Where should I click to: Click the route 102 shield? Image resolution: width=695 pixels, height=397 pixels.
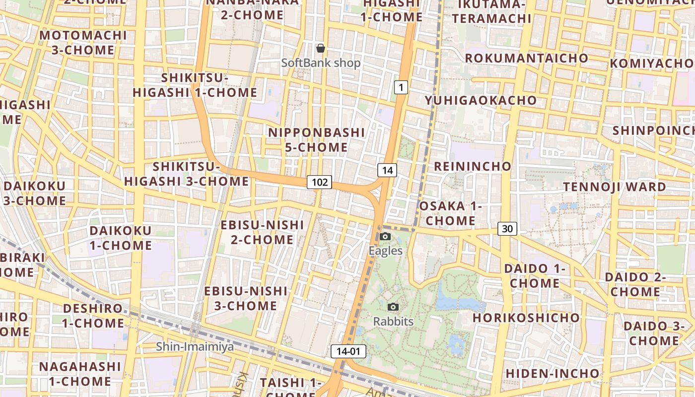tap(319, 182)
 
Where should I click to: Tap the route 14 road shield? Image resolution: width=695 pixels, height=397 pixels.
tap(387, 170)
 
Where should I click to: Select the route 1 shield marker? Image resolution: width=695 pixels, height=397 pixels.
tap(401, 88)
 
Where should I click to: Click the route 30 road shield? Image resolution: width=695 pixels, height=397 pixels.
tap(507, 229)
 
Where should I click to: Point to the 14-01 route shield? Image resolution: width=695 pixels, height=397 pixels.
tap(348, 351)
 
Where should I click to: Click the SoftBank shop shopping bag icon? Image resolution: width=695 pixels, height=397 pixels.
tap(321, 48)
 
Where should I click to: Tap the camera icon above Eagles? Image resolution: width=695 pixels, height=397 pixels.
tap(385, 237)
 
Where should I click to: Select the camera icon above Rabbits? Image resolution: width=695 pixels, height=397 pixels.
tap(393, 307)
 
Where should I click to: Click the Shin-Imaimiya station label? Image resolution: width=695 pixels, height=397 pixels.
tap(195, 346)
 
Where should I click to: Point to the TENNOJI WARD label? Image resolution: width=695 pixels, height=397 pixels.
tap(614, 187)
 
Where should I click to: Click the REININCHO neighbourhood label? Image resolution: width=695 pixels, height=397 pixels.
tap(472, 166)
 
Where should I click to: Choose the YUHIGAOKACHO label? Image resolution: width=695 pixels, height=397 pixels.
tap(481, 100)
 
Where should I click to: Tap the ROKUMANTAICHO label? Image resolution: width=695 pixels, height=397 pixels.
tap(526, 58)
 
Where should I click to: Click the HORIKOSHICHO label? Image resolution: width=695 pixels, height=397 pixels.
tap(526, 318)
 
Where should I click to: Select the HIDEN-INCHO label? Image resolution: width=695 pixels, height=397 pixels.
tap(552, 373)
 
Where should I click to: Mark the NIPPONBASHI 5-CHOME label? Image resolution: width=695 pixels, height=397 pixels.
tap(316, 140)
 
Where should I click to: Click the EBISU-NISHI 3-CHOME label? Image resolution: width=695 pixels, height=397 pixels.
tap(246, 298)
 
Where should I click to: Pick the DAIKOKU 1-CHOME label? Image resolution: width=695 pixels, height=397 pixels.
tap(120, 238)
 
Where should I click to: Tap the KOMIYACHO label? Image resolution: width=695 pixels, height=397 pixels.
tap(651, 64)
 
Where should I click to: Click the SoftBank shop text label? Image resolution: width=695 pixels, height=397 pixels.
tap(321, 63)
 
